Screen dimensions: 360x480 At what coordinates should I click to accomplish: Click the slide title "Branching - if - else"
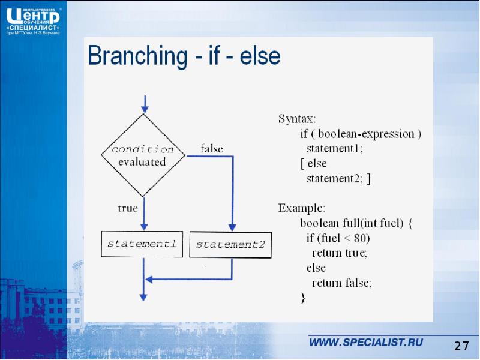(184, 57)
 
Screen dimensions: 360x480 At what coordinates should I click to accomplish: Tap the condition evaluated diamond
(143, 155)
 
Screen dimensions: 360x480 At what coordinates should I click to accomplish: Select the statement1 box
(142, 244)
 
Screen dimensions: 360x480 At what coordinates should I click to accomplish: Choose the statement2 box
(230, 245)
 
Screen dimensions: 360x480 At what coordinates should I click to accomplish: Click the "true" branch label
(127, 209)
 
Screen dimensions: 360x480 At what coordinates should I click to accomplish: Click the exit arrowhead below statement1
(143, 295)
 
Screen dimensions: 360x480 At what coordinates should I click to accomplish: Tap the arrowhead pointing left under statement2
(150, 279)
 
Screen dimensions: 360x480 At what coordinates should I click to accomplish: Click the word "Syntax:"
(296, 118)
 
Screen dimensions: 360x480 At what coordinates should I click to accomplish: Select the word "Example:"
(301, 209)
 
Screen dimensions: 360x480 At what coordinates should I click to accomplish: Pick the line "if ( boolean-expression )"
(361, 134)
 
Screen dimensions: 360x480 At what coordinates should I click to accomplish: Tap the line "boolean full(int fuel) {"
(356, 224)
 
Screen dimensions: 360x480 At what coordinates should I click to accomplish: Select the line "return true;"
(339, 253)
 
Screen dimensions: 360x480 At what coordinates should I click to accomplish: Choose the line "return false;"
(341, 283)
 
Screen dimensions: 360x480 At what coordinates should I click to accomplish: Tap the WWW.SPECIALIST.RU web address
(366, 343)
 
